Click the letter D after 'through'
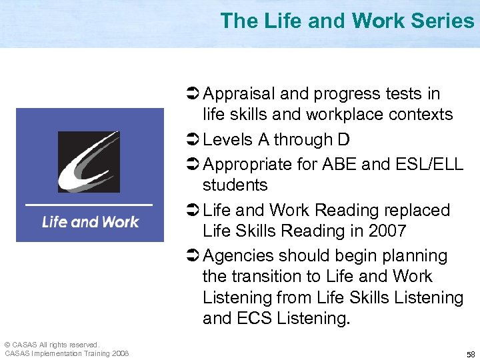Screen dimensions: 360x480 tap(343, 139)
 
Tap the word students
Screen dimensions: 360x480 tap(235, 185)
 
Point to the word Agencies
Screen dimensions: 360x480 tap(237, 256)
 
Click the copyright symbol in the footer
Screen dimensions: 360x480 tap(7, 345)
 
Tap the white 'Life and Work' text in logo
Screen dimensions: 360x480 tap(90, 221)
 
